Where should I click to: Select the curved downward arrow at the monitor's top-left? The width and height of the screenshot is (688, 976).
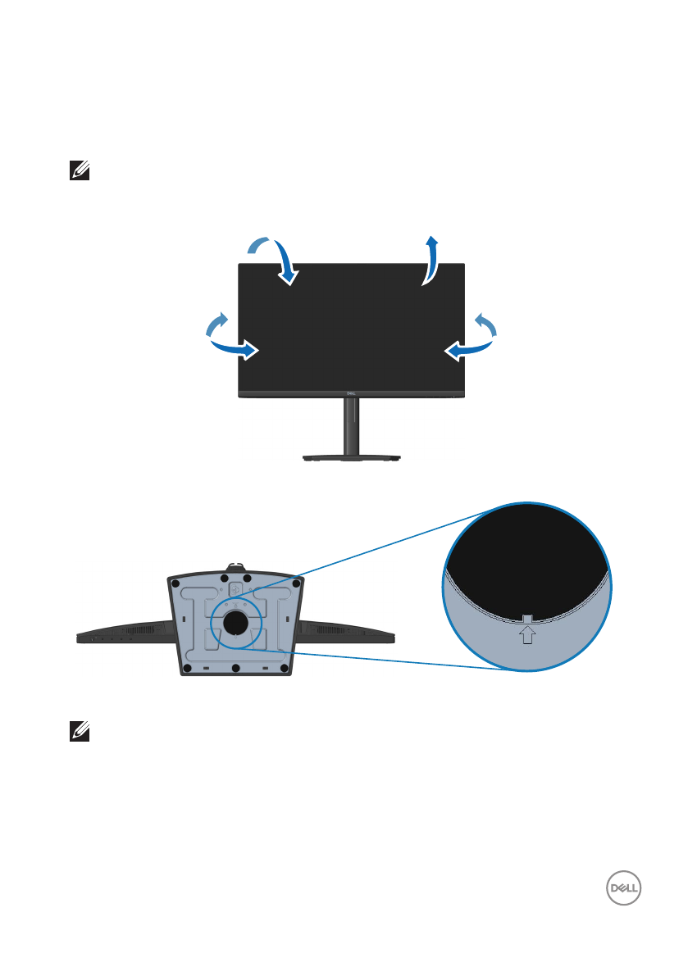pos(279,261)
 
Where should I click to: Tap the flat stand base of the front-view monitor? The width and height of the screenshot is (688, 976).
pos(351,460)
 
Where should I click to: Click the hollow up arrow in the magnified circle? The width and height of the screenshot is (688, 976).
pos(527,633)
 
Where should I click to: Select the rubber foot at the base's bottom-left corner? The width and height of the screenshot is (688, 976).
pos(188,669)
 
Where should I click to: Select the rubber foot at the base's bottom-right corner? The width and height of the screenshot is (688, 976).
pos(285,669)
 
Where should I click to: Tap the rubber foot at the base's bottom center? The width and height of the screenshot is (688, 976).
pos(236,669)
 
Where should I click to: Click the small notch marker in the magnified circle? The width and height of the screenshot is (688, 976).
pos(527,616)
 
